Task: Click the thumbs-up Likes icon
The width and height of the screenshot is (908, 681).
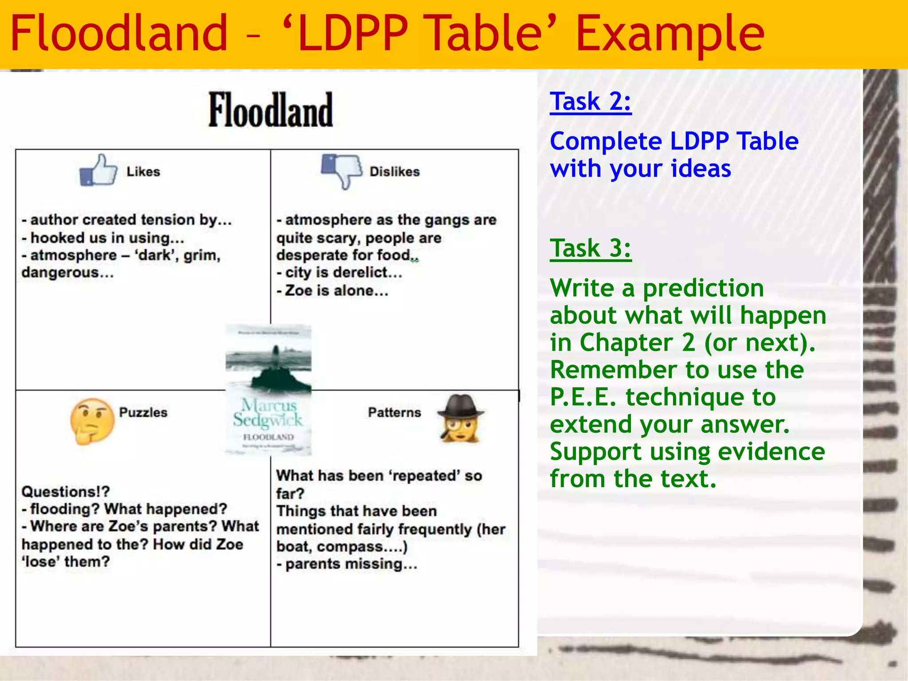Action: click(98, 170)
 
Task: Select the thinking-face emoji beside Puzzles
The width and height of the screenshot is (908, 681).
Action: click(92, 421)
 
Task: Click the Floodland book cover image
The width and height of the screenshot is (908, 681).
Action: click(269, 389)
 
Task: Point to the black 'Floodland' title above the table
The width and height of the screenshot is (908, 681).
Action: click(270, 110)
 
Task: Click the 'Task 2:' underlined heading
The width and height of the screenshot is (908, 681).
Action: click(590, 102)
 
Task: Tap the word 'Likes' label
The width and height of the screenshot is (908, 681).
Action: click(143, 172)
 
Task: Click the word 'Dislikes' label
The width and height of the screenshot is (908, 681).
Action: click(395, 172)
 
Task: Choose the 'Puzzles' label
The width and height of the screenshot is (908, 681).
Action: click(143, 412)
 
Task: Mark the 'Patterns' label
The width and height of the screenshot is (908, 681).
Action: click(395, 412)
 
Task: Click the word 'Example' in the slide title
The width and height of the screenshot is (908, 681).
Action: click(670, 34)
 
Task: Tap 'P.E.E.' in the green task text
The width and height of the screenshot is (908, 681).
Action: click(583, 397)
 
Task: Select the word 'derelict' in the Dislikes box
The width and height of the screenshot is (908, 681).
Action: click(361, 272)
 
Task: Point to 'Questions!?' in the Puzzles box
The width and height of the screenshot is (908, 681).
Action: click(66, 492)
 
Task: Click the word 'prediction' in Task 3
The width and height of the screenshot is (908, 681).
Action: click(704, 289)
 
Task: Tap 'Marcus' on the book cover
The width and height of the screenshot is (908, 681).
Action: click(269, 405)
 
